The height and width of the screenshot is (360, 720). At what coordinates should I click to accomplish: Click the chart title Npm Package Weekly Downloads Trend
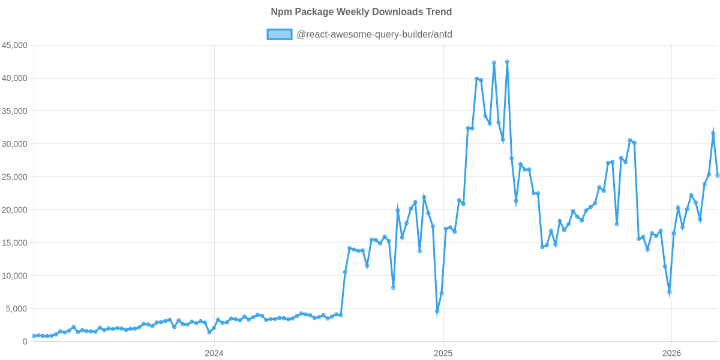tap(361, 12)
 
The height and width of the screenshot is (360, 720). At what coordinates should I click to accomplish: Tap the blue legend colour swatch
tap(279, 34)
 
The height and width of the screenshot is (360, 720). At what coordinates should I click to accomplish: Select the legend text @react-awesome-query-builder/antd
tap(374, 34)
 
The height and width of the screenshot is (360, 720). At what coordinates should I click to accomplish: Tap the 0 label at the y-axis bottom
tap(25, 342)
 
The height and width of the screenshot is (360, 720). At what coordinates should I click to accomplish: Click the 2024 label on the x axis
tap(214, 353)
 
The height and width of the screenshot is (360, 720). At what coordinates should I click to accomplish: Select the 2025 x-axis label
tap(443, 353)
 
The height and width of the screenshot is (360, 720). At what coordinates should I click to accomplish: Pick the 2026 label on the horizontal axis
tap(671, 353)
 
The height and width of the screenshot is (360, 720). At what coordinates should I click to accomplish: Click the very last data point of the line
tap(718, 176)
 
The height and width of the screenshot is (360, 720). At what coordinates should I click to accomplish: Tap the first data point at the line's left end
tap(34, 336)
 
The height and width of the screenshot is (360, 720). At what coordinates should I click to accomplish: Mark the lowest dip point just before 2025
tap(437, 311)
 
